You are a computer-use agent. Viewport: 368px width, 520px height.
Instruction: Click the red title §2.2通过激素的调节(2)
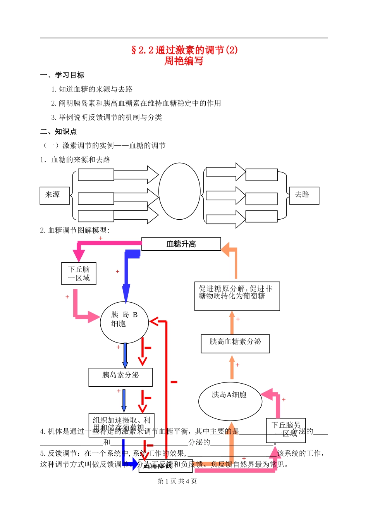pyautogui.click(x=184, y=50)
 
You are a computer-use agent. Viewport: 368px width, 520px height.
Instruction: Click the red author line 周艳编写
pyautogui.click(x=184, y=61)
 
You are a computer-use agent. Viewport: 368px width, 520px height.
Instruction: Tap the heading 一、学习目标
pyautogui.click(x=62, y=75)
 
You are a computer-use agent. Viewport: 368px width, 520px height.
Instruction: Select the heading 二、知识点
pyautogui.click(x=58, y=132)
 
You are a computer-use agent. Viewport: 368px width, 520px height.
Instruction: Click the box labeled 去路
pyautogui.click(x=304, y=195)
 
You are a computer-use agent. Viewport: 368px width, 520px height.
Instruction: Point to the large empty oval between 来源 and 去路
pyautogui.click(x=179, y=191)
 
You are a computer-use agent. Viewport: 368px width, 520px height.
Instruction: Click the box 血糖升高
pyautogui.click(x=181, y=244)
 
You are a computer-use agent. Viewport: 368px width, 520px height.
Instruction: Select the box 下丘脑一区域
pyautogui.click(x=79, y=274)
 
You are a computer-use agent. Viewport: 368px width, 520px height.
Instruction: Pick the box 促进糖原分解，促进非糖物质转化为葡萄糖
pyautogui.click(x=237, y=296)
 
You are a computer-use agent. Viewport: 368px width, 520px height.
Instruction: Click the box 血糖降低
pyautogui.click(x=165, y=466)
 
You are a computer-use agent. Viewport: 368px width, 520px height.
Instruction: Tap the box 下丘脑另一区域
pyautogui.click(x=286, y=430)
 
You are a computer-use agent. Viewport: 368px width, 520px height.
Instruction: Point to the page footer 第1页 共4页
pyautogui.click(x=177, y=481)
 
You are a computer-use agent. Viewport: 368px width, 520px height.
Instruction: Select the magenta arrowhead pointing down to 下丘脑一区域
pyautogui.click(x=79, y=256)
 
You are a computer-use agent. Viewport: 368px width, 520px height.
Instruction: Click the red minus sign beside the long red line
pyautogui.click(x=174, y=382)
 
